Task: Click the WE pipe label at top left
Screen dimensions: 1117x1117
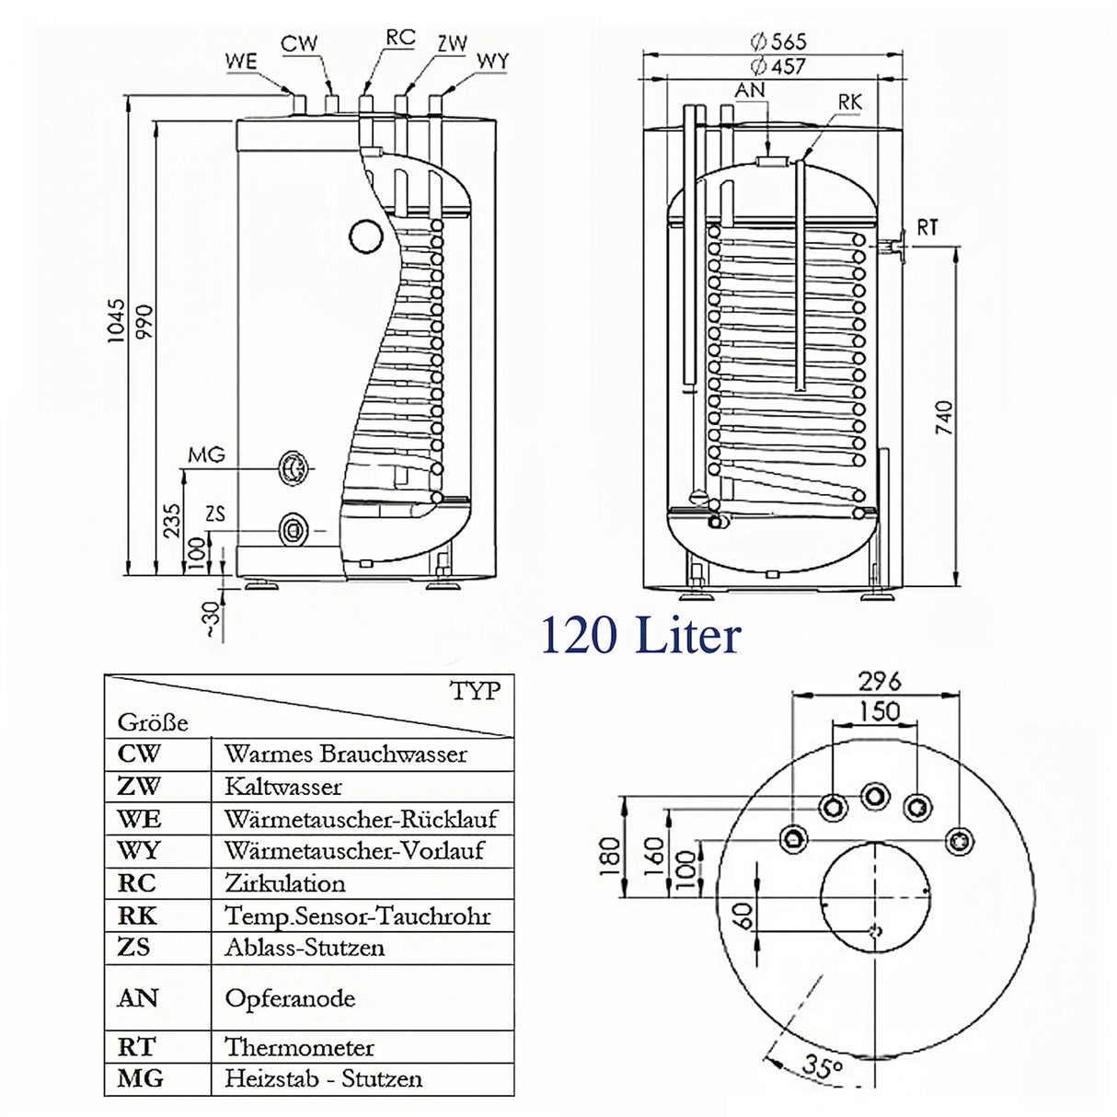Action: tap(241, 62)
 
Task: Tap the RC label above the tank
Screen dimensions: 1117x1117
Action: tap(400, 38)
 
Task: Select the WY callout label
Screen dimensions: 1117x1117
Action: tap(492, 62)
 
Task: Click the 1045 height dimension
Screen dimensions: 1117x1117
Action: tap(116, 321)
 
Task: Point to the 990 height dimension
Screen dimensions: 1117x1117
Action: tap(145, 323)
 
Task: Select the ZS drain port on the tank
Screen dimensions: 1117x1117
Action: tap(294, 530)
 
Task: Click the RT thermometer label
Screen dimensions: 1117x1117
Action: tap(927, 227)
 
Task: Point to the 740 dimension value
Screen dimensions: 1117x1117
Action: tap(944, 419)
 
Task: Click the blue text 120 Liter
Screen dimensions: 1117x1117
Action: tap(640, 636)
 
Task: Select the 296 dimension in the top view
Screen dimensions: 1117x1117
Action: tap(879, 681)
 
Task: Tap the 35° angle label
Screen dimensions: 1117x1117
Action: tap(822, 1065)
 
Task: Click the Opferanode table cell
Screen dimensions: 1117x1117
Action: tap(290, 998)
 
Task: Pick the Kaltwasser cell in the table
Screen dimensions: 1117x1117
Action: tap(283, 787)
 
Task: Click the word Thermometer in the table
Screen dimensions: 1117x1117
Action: tap(299, 1047)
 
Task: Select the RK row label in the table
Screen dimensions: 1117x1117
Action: tap(137, 915)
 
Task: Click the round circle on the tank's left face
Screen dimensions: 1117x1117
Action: tap(365, 236)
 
